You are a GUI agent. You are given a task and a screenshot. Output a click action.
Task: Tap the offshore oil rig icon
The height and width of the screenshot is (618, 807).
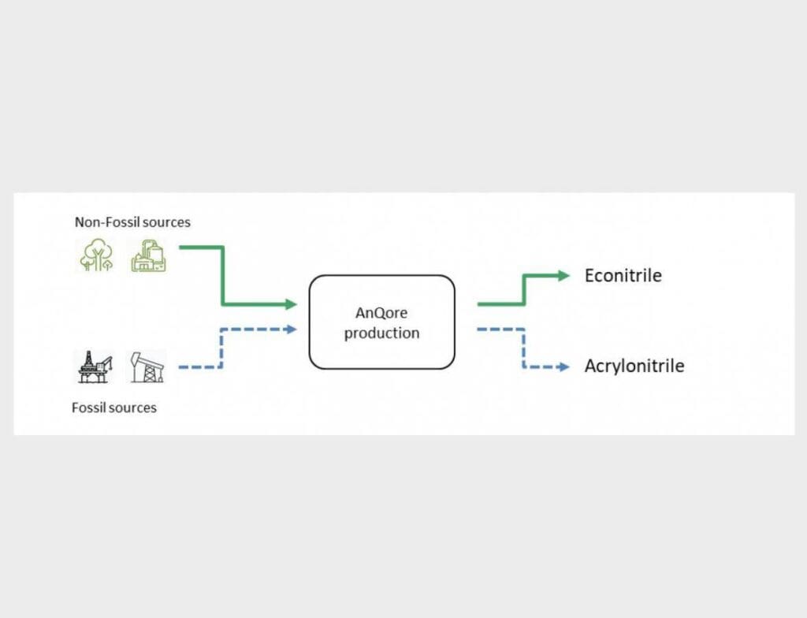(x=95, y=367)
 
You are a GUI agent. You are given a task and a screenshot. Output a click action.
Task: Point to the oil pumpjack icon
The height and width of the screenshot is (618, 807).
(x=147, y=367)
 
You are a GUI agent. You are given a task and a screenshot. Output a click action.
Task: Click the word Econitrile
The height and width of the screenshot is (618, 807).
(x=623, y=276)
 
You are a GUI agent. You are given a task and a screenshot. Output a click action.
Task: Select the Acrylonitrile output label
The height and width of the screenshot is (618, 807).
(x=634, y=367)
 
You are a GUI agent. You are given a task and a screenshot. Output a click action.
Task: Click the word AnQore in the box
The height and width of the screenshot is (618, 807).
(x=381, y=313)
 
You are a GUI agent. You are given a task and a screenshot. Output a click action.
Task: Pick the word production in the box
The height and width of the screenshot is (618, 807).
(x=381, y=333)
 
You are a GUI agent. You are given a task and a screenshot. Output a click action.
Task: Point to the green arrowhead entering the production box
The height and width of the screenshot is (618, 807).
(x=291, y=304)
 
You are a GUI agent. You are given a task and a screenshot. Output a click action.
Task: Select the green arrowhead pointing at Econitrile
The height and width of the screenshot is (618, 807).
(x=563, y=276)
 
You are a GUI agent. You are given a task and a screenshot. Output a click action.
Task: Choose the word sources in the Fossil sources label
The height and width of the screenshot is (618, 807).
(x=134, y=408)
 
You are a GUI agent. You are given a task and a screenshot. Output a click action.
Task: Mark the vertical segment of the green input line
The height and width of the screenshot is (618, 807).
(x=223, y=276)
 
